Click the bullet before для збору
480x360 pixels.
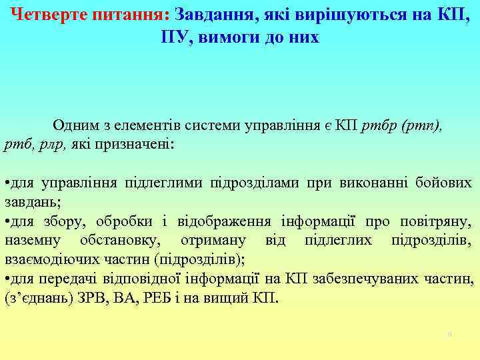(x=7, y=221)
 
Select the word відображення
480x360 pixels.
(x=221, y=221)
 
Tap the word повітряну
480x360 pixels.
(x=445, y=221)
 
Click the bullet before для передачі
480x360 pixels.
(x=7, y=279)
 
